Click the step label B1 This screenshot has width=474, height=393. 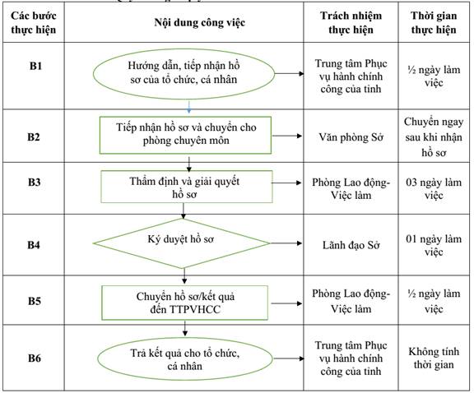pos(35,66)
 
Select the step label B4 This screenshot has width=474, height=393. pos(34,245)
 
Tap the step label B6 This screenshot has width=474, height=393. pos(35,358)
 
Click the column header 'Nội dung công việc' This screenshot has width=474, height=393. pos(199,23)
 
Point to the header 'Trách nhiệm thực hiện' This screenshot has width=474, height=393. pos(351,23)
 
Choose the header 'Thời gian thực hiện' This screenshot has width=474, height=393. pos(434,23)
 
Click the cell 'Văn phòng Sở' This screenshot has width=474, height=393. pos(351,137)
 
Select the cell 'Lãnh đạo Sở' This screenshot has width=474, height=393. pos(351,245)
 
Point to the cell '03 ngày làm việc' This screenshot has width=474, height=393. pos(434,189)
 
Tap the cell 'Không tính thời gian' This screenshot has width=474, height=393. pos(434,358)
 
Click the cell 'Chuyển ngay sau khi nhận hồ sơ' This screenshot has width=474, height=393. pos(434,136)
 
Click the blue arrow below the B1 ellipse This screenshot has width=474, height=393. pos(189,107)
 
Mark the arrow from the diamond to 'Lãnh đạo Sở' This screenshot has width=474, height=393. pos(286,243)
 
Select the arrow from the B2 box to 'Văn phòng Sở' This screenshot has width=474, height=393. pos(287,136)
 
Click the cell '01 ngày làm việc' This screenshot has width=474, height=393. pos(434,245)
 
